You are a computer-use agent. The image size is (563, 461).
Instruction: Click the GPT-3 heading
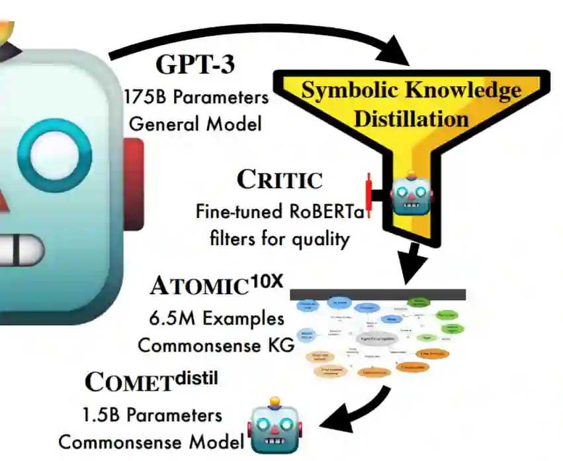[195, 65]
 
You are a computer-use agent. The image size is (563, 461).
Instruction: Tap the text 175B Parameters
[196, 97]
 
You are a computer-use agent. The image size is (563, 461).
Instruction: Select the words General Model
[196, 123]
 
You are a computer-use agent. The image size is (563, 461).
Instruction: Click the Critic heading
[280, 179]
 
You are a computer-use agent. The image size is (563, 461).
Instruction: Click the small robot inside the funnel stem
[412, 194]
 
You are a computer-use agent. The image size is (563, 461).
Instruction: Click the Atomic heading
[198, 285]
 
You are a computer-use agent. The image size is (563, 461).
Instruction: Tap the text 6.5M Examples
[216, 318]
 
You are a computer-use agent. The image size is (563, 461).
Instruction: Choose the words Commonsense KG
[216, 345]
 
